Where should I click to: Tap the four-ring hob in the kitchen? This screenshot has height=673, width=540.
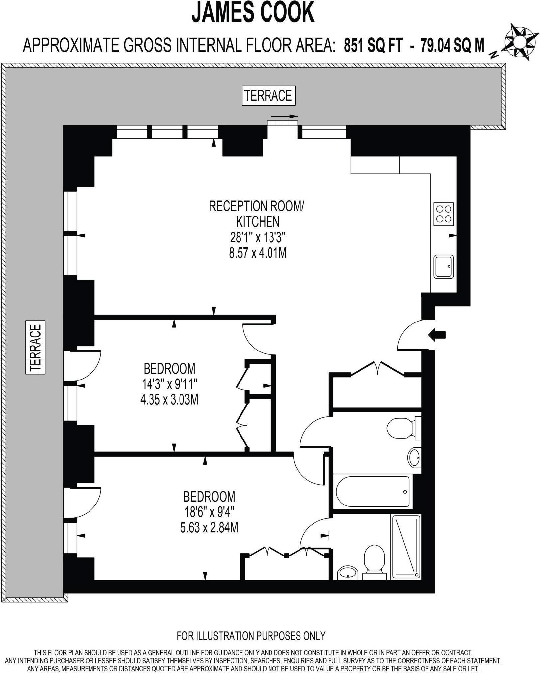coord(444,214)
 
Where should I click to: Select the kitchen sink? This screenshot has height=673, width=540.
coord(444,267)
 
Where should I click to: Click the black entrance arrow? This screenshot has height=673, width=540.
coord(437,335)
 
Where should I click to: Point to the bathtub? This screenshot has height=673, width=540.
coord(373,492)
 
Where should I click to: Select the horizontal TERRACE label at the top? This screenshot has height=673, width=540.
coord(268,96)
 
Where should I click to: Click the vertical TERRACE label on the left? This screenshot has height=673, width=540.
coord(35,347)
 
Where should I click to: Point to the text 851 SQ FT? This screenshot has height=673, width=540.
coord(373,46)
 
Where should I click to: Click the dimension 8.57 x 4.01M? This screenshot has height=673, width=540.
coord(258,253)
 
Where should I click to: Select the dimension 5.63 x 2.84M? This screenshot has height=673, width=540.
coord(209,528)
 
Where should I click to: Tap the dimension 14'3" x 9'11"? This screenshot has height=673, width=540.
coord(170,385)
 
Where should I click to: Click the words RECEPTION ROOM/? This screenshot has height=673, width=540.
coord(256,206)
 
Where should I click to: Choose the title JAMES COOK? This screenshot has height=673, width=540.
coord(253,13)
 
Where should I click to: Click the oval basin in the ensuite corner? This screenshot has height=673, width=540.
coord(347,572)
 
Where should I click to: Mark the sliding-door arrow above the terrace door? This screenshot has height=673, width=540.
coord(284,116)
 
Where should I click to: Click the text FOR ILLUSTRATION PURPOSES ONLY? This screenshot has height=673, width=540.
coord(251,636)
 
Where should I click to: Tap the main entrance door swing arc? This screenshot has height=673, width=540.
coord(408,334)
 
